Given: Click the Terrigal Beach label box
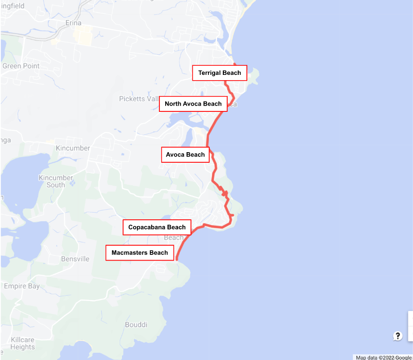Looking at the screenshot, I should pos(219,73).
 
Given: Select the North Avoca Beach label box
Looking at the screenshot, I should pos(193,104).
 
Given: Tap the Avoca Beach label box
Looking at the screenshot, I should pos(185,155).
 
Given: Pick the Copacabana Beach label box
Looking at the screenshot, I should pos(157,227).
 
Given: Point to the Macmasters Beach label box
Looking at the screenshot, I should pos(140,252).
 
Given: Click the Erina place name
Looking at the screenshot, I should pos(73,23).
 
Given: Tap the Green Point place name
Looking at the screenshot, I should pos(21,66).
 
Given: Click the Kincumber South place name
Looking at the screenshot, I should pos(56,181).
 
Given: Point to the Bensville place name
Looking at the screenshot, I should pos(75,259).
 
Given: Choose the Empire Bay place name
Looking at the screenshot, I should pos(22,286).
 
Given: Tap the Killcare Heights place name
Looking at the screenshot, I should pos(22,343).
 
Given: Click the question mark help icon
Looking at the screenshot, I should pos(398,336).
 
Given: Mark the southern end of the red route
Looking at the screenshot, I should pos(177,259).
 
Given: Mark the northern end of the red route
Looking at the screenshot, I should pos(234,64).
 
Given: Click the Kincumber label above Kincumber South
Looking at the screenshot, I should pos(73,148).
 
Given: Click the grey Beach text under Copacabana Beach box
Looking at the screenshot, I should pos(173,238).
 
